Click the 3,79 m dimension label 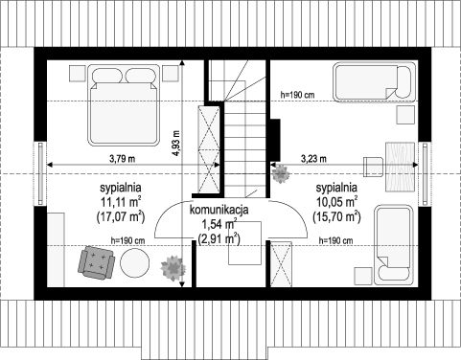122,159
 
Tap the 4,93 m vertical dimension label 175,144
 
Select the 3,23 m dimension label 313,158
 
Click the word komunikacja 219,210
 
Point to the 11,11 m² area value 121,202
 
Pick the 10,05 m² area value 336,202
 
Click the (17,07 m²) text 121,217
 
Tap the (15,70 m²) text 336,217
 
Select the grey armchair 96,262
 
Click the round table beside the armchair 134,263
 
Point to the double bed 124,105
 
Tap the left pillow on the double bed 107,76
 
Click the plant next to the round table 173,268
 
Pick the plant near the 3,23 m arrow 281,173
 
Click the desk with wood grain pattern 401,167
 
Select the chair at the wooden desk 374,167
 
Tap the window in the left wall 40,174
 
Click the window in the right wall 425,174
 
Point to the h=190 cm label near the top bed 297,95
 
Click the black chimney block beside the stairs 275,140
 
